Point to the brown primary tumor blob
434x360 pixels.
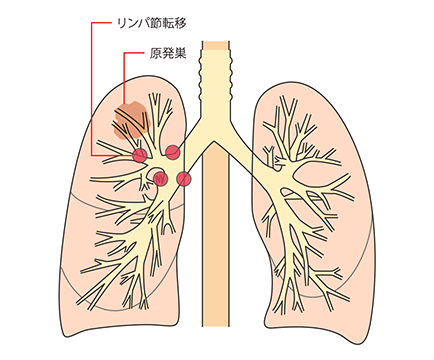click(x=131, y=118)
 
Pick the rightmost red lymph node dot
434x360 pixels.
click(x=183, y=179)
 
